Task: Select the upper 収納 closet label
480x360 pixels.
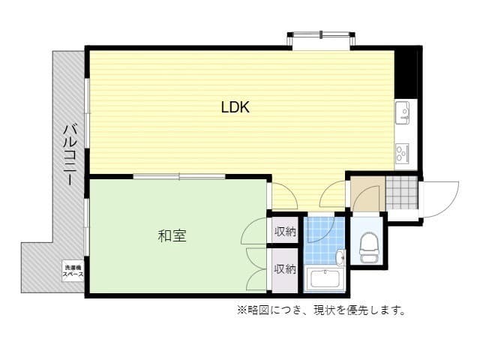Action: coord(284,231)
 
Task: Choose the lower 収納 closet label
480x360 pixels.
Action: coord(284,268)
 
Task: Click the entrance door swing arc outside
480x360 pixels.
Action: coord(442,198)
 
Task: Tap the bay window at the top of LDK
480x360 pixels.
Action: coord(320,39)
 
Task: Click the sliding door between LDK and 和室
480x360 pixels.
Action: coord(179,177)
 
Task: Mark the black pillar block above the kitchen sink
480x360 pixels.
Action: coord(406,72)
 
